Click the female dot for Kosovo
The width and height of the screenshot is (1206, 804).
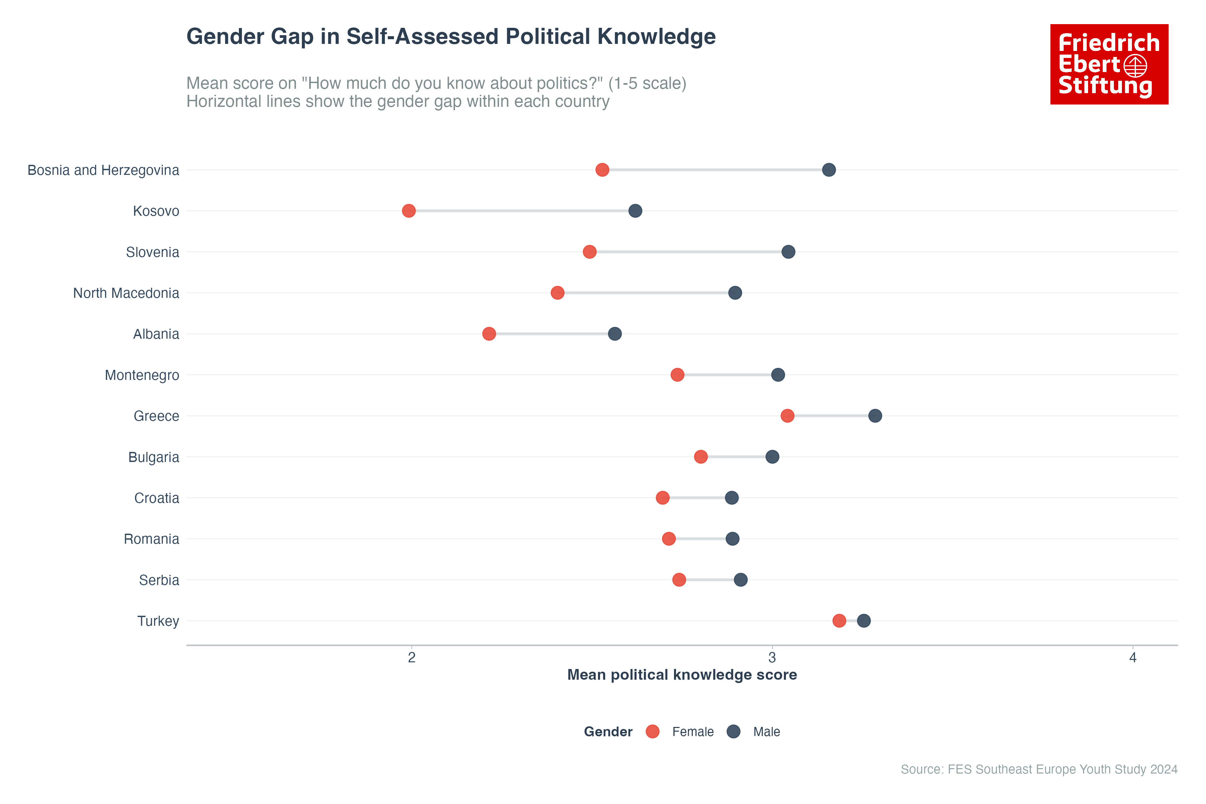tap(409, 211)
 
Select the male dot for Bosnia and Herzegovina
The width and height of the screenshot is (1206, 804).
tap(828, 170)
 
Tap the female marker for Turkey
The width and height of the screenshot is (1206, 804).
tap(839, 621)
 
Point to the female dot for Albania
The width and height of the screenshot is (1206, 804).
tap(489, 334)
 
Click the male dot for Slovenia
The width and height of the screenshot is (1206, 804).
tap(788, 252)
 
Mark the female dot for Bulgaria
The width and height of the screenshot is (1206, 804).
tap(700, 457)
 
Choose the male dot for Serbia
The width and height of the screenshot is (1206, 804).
tap(740, 580)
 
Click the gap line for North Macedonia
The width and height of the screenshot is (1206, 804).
tap(646, 293)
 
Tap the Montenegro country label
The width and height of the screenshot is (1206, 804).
tap(142, 375)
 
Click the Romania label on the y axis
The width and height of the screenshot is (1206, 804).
tap(151, 539)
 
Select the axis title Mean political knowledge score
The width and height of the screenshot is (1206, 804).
tap(682, 675)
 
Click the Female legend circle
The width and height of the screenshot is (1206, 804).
tap(652, 732)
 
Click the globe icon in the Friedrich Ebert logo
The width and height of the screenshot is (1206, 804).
tap(1135, 66)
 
